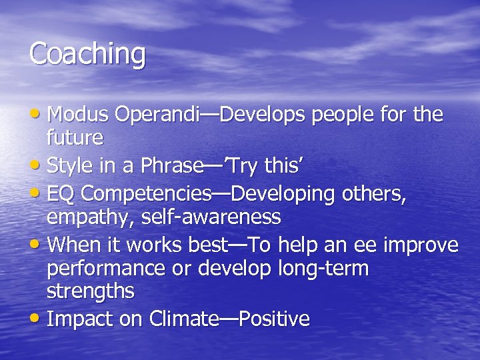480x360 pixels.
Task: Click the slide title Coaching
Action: (87, 54)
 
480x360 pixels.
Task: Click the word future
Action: (75, 139)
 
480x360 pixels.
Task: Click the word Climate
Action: (183, 319)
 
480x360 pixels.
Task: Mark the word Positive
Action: (275, 319)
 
